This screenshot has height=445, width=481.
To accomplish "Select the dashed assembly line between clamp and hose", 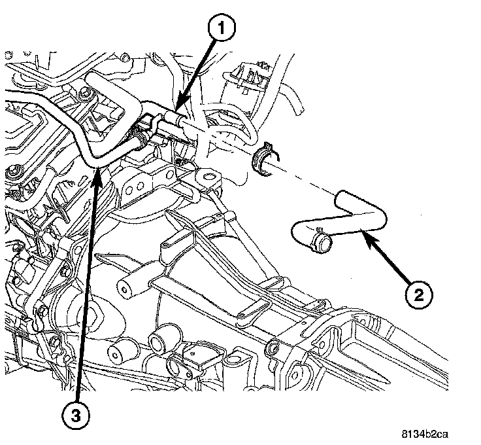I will [x=307, y=180].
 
